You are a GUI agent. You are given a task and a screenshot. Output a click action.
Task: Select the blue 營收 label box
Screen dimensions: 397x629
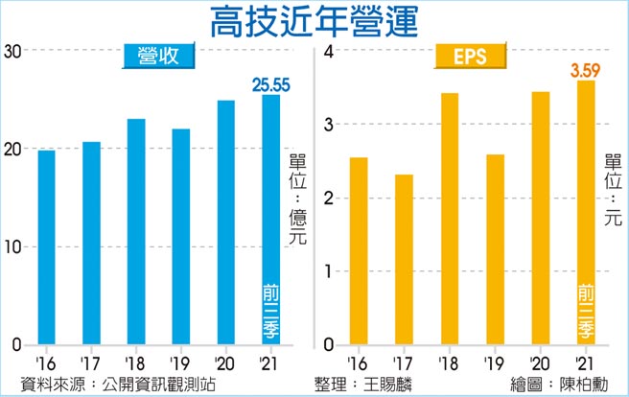(159, 57)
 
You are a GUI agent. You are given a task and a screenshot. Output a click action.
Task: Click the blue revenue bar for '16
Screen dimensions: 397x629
(47, 247)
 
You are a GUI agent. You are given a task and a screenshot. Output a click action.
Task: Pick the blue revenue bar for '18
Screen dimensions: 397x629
(136, 232)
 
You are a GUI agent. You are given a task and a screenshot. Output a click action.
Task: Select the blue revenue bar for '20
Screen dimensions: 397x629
(225, 222)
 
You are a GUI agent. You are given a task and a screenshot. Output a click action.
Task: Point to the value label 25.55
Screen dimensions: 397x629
(270, 84)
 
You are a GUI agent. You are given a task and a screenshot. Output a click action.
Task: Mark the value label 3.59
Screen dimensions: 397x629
(586, 69)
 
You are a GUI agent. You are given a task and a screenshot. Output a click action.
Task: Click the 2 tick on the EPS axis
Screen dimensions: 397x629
(327, 198)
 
